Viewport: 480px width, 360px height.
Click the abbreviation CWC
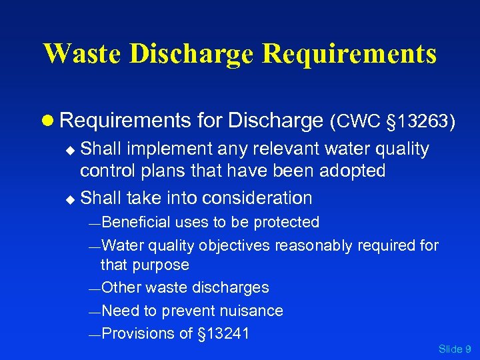tap(355, 121)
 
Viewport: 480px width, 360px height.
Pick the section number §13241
tap(223, 334)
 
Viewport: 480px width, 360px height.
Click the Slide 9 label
tap(455, 349)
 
